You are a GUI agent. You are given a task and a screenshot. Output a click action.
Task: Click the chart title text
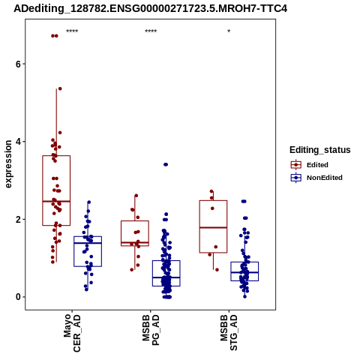150,9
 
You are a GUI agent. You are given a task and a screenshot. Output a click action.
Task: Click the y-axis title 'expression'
8,164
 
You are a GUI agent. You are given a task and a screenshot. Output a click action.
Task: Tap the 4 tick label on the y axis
19,142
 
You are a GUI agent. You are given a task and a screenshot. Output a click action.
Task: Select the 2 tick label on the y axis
19,220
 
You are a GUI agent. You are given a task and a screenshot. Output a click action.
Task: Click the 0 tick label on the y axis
19,297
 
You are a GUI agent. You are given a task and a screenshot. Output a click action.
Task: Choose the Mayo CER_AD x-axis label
72,332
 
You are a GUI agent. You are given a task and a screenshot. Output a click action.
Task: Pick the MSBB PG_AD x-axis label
151,329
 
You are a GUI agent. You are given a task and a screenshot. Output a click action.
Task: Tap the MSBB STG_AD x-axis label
229,332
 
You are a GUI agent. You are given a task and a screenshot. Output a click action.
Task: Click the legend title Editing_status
320,150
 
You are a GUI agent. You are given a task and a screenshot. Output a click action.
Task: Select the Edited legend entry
310,165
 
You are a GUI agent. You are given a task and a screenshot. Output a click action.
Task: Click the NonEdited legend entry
316,178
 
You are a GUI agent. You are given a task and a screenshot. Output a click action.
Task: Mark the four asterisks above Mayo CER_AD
72,31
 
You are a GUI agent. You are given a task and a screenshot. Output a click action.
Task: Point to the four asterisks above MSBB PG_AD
151,31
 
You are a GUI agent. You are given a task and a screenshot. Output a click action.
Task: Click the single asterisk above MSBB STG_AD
229,31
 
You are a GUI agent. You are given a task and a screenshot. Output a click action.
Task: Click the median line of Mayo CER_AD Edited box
56,201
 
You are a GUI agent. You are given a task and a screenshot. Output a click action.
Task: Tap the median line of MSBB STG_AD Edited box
213,227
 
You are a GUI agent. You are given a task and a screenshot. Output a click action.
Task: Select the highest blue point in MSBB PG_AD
166,164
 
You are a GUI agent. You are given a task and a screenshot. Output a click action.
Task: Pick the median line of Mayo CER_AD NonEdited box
88,243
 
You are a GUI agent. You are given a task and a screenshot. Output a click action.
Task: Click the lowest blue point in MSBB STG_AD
244,296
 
